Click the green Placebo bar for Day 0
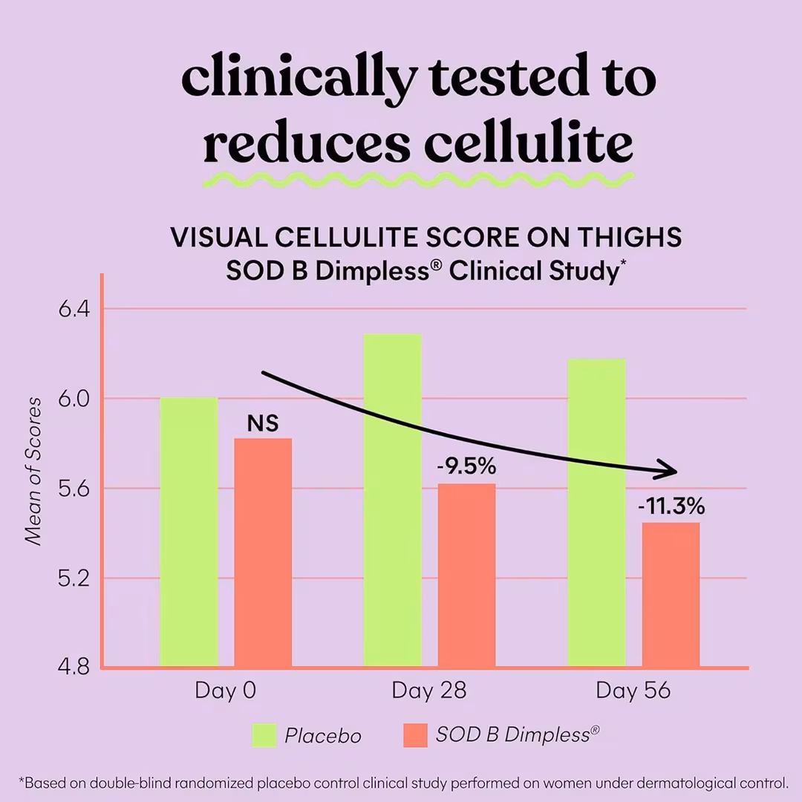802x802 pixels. coord(189,532)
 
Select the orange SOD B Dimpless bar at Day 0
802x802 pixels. coord(263,552)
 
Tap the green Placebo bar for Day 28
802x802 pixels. coord(392,500)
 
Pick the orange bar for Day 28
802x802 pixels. coord(466,576)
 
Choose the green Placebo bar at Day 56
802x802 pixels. coord(596,512)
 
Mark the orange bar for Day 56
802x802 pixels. coord(671,595)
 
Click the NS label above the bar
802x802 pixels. coord(263,424)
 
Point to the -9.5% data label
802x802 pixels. coord(466,469)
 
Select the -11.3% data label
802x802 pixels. coord(671,508)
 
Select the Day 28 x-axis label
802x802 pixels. coord(429,691)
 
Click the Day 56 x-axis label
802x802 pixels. coord(633,691)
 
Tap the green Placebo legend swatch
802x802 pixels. coord(264,735)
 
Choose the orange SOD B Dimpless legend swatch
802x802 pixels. coord(415,735)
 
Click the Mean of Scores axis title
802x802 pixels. coord(33,471)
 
